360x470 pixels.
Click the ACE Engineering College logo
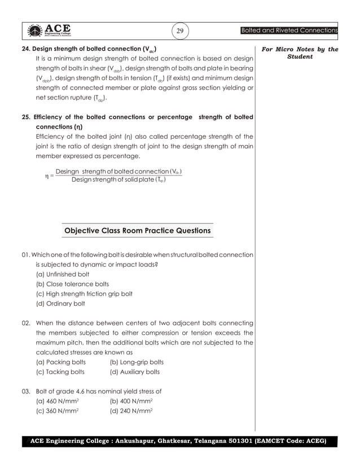(x=48, y=30)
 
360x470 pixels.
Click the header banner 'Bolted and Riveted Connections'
(x=289, y=30)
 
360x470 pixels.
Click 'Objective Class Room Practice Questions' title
(x=138, y=231)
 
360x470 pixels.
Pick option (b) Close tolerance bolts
(x=72, y=284)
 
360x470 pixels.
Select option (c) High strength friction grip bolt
(x=84, y=294)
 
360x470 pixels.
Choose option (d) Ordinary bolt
(x=60, y=304)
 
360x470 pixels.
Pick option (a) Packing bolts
(x=60, y=362)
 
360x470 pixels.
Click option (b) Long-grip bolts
(x=137, y=362)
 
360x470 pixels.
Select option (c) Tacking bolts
(x=60, y=372)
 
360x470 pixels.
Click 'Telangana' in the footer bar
(x=215, y=440)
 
